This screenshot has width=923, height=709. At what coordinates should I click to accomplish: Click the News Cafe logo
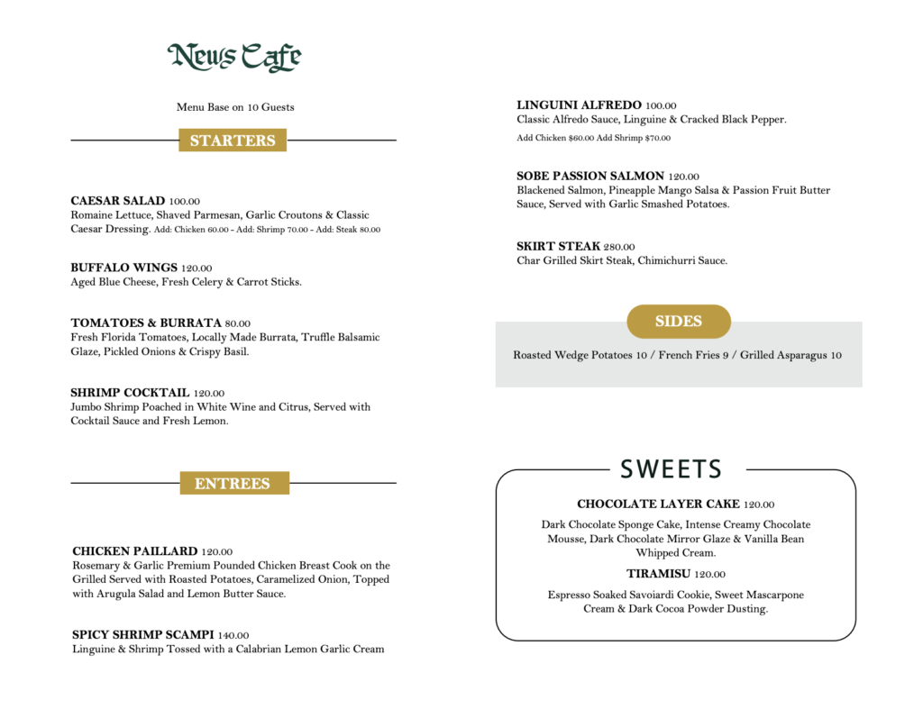coord(234,57)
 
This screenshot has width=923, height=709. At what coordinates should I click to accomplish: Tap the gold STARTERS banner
coord(233,141)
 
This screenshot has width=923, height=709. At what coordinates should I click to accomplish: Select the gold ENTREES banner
coord(233,484)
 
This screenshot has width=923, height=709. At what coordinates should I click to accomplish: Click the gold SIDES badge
coord(678,322)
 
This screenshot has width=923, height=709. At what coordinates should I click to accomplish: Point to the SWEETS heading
coord(672,469)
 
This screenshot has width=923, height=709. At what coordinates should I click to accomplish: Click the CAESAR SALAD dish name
coord(118,201)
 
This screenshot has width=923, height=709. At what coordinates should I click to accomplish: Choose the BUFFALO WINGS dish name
coord(123,268)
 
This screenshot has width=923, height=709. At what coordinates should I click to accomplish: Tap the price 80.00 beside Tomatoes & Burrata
coord(238,323)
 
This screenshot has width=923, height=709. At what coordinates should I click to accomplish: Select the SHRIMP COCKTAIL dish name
coord(130,393)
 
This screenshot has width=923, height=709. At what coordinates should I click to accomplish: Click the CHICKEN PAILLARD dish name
coord(134,551)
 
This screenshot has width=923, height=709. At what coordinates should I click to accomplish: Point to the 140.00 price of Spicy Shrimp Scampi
coord(233,635)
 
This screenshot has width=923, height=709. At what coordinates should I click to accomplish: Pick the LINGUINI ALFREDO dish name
coord(579,105)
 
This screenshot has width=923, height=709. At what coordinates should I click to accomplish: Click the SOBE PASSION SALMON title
coord(590,176)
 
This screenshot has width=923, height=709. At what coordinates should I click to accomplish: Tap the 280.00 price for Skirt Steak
coord(619,247)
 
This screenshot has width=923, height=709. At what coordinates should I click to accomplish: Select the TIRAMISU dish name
coord(658,574)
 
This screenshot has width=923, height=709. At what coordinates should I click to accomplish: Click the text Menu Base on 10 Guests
coord(235,107)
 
